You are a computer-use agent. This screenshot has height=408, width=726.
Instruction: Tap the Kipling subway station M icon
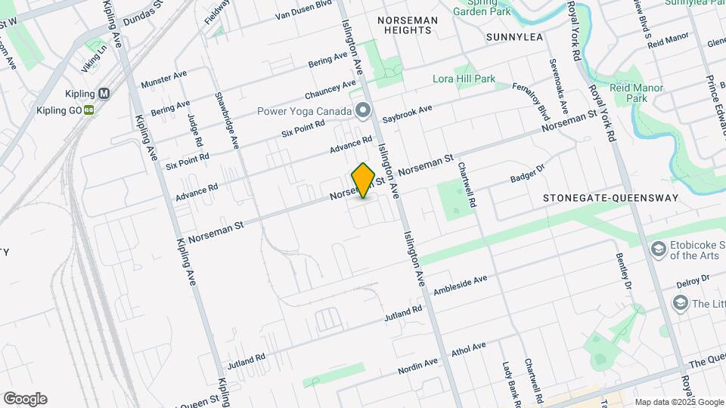pyautogui.click(x=104, y=94)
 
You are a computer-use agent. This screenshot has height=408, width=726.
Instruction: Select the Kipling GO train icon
pyautogui.click(x=88, y=110)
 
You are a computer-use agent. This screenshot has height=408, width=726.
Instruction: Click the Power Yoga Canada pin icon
pyautogui.click(x=363, y=111)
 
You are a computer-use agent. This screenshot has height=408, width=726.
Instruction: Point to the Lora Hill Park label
pyautogui.click(x=464, y=79)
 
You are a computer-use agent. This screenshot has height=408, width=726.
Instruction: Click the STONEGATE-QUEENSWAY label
pyautogui.click(x=611, y=198)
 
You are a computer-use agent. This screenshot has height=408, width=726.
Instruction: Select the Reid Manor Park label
pyautogui.click(x=638, y=93)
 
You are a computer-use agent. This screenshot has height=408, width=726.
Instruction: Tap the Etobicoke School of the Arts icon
pyautogui.click(x=658, y=249)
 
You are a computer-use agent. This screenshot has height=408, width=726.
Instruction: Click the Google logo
pyautogui.click(x=25, y=399)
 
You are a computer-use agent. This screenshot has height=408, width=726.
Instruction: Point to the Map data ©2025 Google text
pyautogui.click(x=679, y=402)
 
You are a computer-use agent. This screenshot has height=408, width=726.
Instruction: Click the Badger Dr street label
pyautogui.click(x=528, y=174)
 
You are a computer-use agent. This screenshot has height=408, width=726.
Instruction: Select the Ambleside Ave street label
pyautogui.click(x=460, y=286)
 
